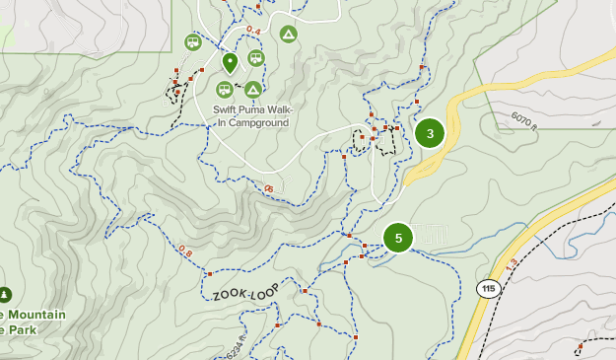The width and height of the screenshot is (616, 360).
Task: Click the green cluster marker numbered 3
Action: pyautogui.click(x=430, y=133)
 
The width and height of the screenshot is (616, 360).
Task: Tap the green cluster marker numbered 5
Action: pyautogui.click(x=398, y=238)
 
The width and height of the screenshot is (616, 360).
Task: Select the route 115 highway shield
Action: pyautogui.click(x=488, y=289)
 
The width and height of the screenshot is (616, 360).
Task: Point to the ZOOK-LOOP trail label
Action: pyautogui.click(x=246, y=290)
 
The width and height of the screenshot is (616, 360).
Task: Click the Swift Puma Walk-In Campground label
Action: pyautogui.click(x=252, y=116)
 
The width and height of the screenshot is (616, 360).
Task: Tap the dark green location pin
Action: pyautogui.click(x=230, y=64)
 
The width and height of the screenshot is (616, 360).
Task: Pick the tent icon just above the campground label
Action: pyautogui.click(x=253, y=90)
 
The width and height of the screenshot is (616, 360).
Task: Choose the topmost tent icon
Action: pyautogui.click(x=288, y=35)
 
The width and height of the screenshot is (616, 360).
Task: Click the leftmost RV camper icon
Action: pyautogui.click(x=193, y=41)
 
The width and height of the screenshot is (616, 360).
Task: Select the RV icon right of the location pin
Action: pyautogui.click(x=255, y=57)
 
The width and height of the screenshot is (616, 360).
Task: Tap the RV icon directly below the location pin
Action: pyautogui.click(x=225, y=90)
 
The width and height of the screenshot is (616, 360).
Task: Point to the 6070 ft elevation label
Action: pyautogui.click(x=523, y=120)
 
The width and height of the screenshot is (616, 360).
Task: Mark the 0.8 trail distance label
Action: pyautogui.click(x=185, y=252)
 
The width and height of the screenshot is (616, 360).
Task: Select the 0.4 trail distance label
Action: pyautogui.click(x=253, y=32)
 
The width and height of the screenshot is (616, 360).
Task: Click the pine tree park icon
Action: pyautogui.click(x=5, y=294)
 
